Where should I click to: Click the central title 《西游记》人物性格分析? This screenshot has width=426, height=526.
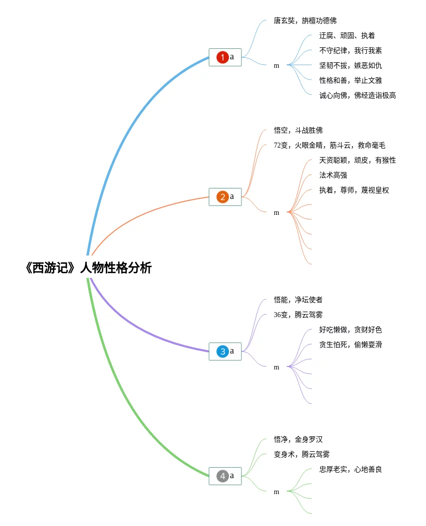[89, 268]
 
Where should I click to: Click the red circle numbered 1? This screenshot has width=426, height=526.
[222, 57]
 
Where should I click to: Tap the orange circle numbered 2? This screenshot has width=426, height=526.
[222, 197]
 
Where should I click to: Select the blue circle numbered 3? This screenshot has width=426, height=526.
[222, 351]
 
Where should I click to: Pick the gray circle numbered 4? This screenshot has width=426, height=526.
[222, 476]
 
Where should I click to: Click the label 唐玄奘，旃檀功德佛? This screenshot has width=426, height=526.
[305, 21]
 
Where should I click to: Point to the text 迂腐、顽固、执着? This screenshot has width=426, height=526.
[347, 35]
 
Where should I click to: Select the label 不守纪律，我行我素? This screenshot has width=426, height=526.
[351, 51]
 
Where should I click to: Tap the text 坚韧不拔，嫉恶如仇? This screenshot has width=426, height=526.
[351, 65]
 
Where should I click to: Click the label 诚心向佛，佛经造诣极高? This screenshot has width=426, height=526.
[358, 96]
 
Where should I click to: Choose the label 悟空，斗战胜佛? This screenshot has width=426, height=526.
[298, 130]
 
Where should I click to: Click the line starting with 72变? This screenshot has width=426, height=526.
[329, 145]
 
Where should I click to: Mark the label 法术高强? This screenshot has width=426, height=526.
[333, 175]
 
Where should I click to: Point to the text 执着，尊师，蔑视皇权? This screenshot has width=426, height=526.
[354, 190]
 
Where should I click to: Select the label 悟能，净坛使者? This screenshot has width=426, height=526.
[298, 300]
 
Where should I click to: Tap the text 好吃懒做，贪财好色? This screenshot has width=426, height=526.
[351, 330]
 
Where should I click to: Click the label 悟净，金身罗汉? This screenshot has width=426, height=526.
[298, 439]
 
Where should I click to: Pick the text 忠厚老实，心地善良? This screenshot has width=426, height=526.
[351, 469]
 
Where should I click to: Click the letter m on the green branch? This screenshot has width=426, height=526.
[276, 492]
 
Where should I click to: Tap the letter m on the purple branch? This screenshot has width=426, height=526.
[276, 367]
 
